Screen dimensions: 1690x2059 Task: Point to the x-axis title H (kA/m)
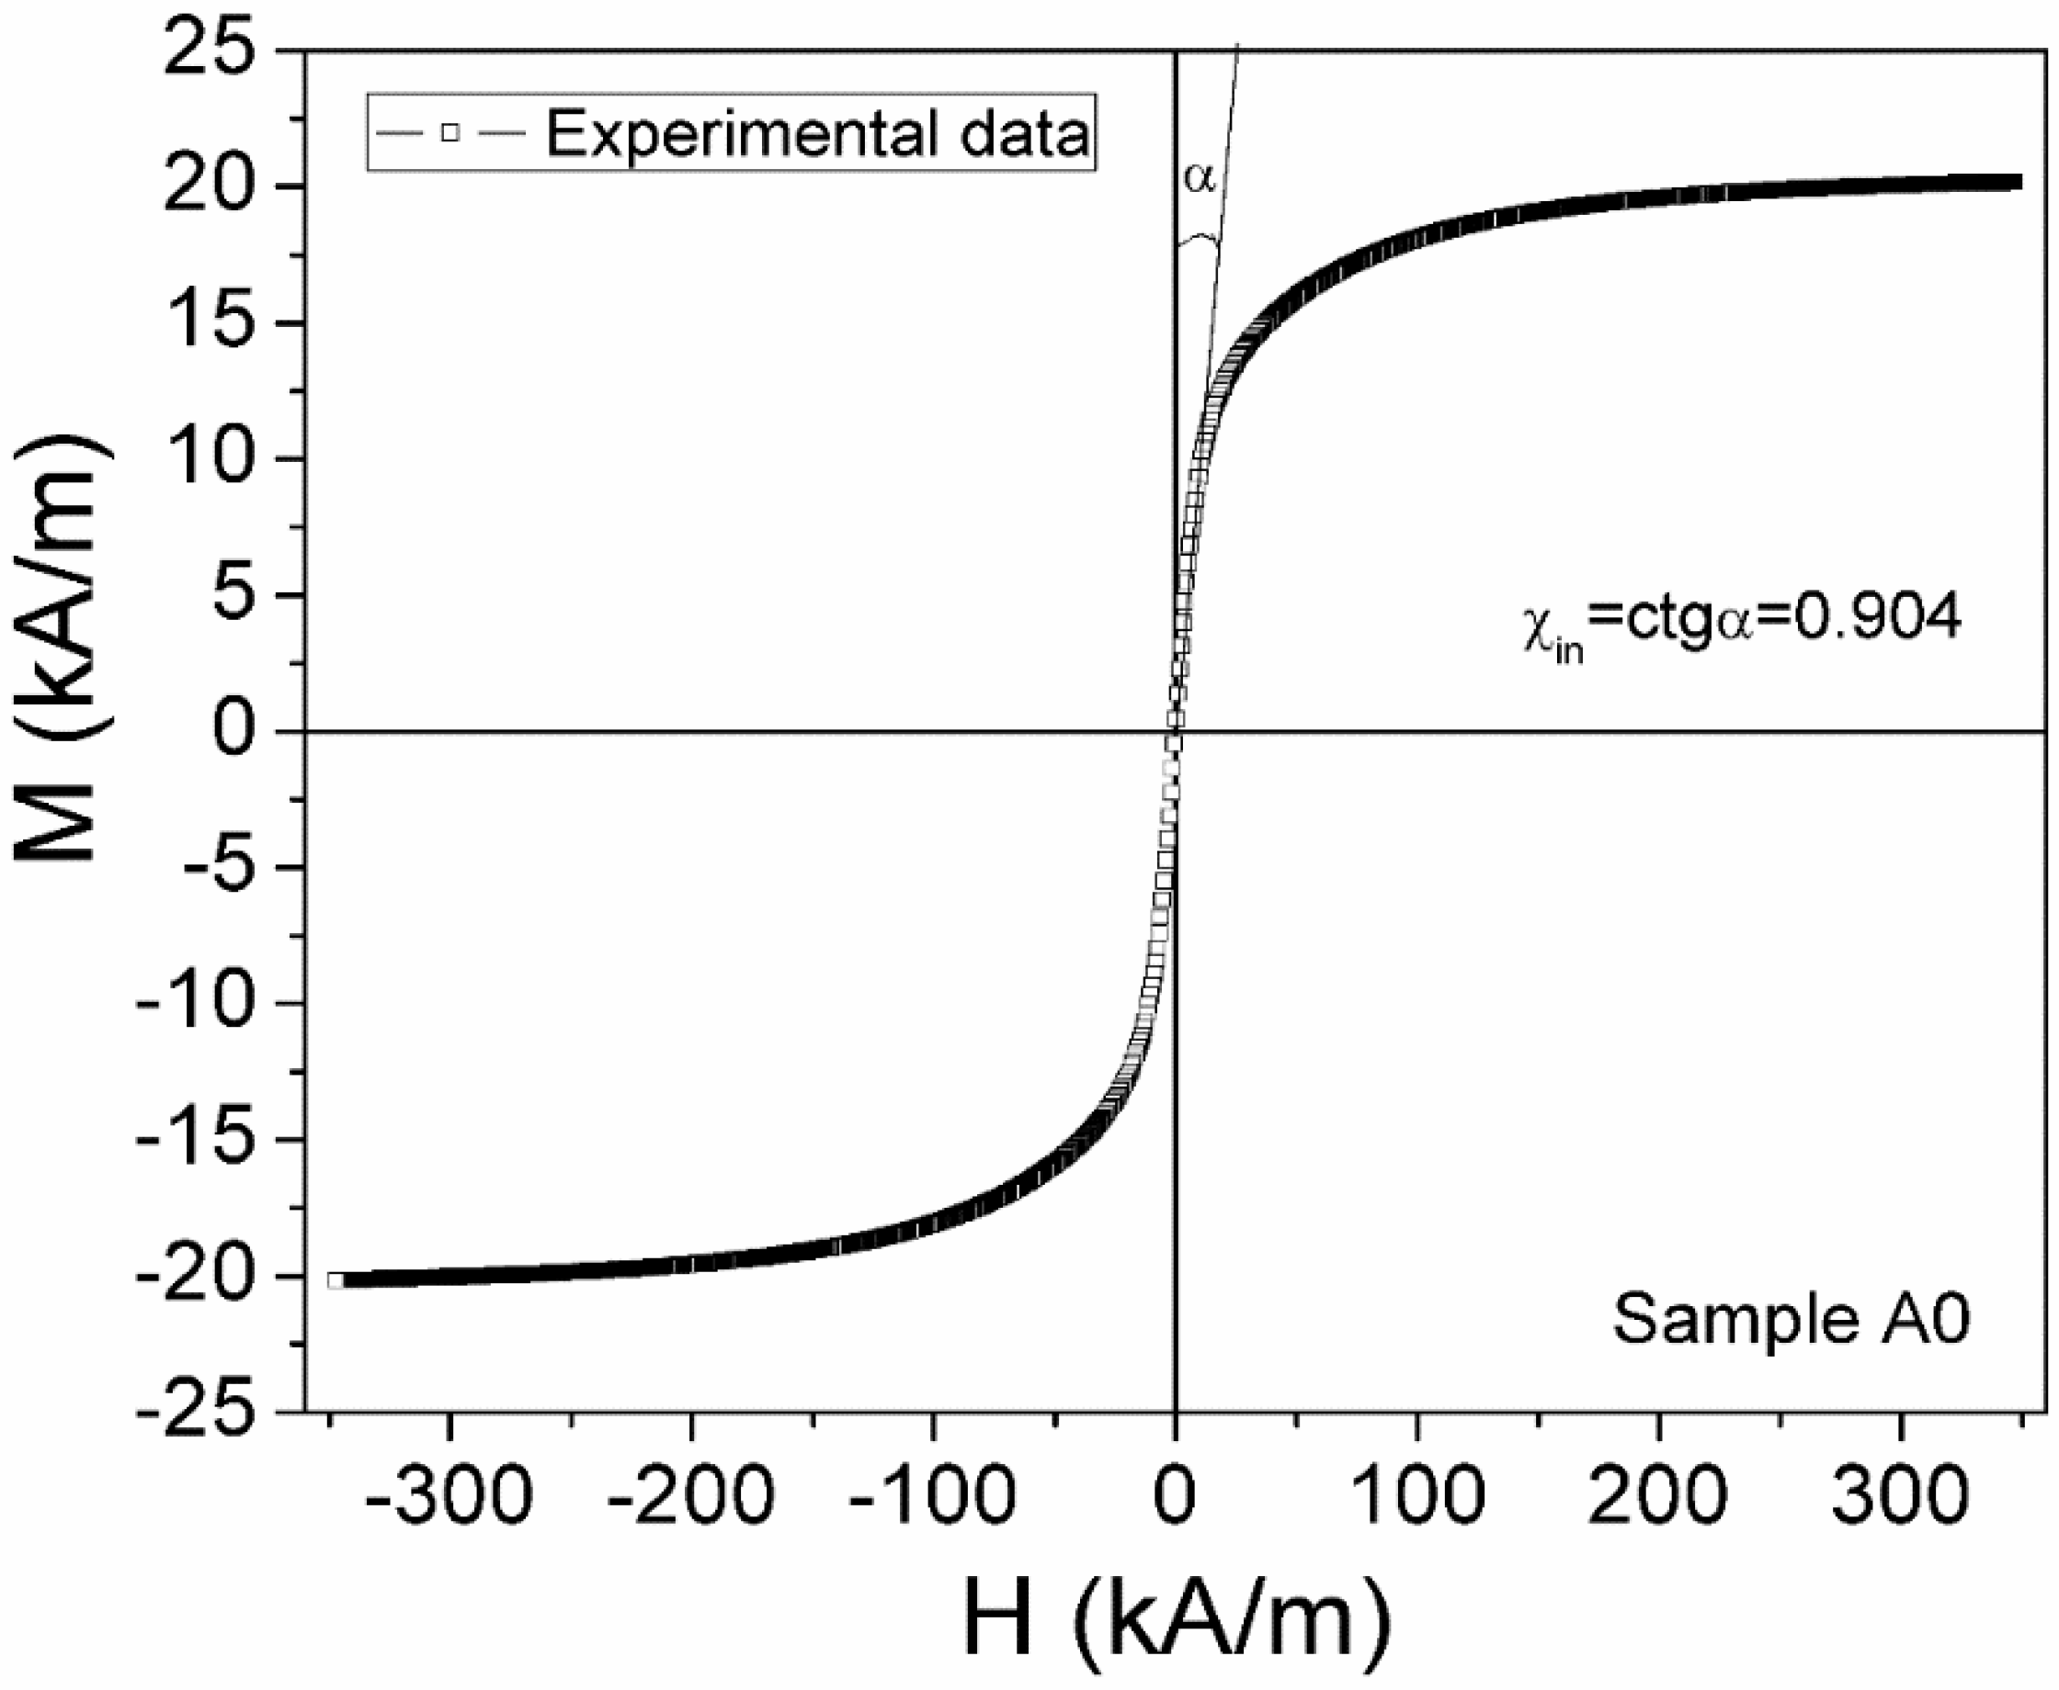[1177, 1617]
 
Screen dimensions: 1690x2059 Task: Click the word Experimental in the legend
[740, 134]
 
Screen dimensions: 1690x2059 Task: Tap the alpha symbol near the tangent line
[1199, 178]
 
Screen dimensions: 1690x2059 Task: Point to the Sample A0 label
[1792, 1319]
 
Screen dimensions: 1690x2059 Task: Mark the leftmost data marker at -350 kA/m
[336, 1280]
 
